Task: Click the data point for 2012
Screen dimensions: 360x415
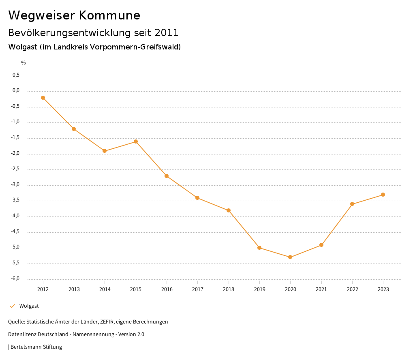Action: (x=43, y=98)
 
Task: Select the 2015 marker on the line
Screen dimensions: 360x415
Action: (x=136, y=141)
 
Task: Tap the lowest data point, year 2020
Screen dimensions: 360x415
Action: (x=290, y=257)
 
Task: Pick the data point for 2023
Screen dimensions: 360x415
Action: (x=383, y=195)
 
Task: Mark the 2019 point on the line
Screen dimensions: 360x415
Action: (x=259, y=248)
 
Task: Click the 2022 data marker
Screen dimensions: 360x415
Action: (x=352, y=204)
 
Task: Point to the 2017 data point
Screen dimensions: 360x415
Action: (x=197, y=198)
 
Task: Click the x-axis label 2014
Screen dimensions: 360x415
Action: (x=105, y=289)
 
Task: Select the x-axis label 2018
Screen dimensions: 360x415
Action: (x=229, y=289)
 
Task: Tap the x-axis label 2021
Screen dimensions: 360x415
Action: (x=321, y=289)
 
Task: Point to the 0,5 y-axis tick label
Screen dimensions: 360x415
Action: (x=16, y=75)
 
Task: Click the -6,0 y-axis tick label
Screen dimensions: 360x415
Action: (x=15, y=279)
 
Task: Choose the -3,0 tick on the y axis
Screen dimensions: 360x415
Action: (x=15, y=185)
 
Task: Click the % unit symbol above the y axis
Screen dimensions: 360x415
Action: (x=24, y=63)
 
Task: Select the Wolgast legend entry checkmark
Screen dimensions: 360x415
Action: (x=12, y=306)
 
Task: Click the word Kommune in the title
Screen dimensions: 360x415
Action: (x=109, y=15)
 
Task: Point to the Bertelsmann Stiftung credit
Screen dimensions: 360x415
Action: (x=36, y=347)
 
